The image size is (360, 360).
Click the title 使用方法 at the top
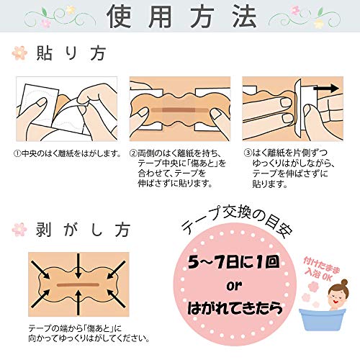[180, 18]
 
